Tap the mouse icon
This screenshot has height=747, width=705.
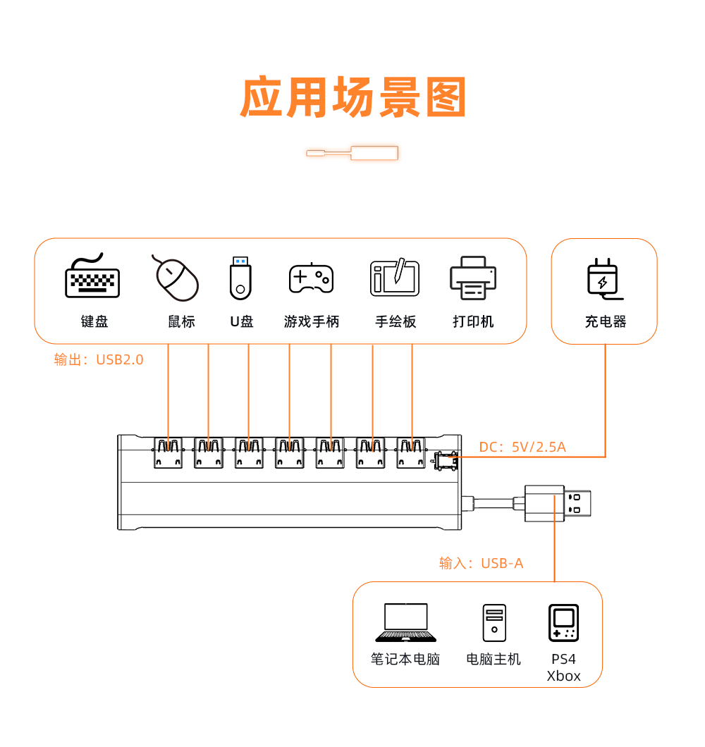(176, 278)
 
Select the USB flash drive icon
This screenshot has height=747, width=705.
(240, 278)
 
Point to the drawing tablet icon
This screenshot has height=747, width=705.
(395, 278)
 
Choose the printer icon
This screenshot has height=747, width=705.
(473, 278)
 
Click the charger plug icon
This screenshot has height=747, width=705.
(603, 278)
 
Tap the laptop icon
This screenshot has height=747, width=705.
(405, 622)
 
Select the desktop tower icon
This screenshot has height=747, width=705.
(493, 623)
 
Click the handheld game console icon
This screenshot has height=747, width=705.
(563, 623)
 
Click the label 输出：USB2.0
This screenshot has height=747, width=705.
(99, 360)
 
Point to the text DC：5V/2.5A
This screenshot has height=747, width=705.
(522, 447)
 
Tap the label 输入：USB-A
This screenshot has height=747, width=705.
(481, 563)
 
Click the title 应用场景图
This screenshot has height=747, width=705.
(353, 98)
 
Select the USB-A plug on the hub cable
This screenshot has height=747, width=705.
(556, 504)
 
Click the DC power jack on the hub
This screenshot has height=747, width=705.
(446, 462)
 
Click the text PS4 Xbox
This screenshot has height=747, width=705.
(563, 667)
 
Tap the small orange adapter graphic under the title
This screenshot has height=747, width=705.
(352, 153)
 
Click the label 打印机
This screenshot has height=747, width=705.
(473, 322)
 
